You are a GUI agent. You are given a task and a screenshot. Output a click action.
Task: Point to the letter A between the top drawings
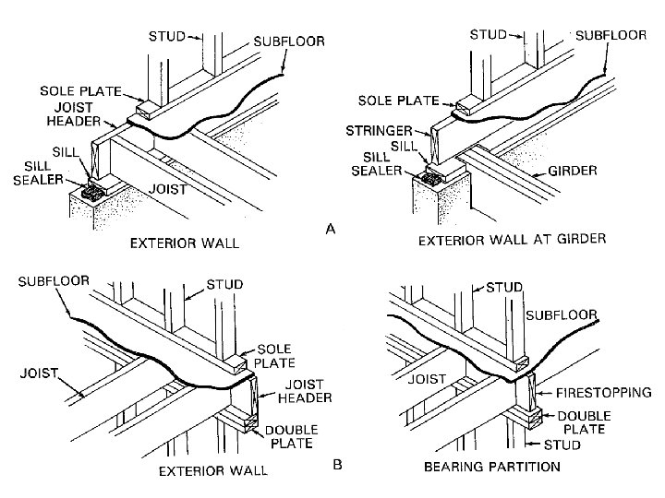tap(331, 231)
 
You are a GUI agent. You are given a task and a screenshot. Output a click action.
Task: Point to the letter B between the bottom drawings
tap(336, 467)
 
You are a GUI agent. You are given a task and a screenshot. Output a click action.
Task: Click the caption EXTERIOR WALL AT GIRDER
tap(511, 239)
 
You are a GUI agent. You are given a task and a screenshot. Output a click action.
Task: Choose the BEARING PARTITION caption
tap(491, 467)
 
